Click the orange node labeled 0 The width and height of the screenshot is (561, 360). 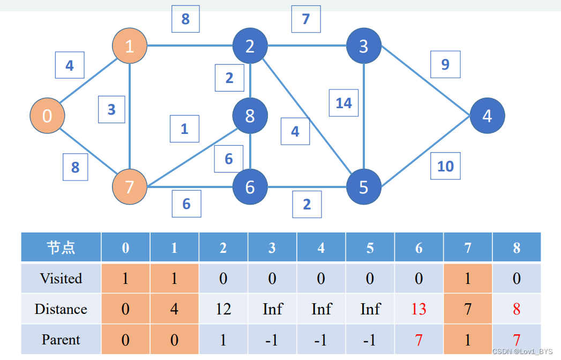click(x=47, y=116)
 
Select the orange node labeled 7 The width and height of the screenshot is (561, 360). click(x=130, y=187)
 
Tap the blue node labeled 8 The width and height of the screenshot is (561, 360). click(x=250, y=116)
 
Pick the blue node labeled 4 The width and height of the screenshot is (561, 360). click(x=487, y=116)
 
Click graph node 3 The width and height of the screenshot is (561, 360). click(x=363, y=46)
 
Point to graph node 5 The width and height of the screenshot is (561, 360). click(x=363, y=187)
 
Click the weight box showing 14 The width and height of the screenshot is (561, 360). click(x=343, y=103)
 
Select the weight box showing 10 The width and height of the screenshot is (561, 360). click(x=445, y=166)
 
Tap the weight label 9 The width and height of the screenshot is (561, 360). click(x=445, y=65)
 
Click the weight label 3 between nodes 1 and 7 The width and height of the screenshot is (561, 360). click(x=111, y=109)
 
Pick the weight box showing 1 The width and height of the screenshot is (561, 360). click(x=184, y=129)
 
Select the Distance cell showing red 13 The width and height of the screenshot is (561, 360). click(x=418, y=309)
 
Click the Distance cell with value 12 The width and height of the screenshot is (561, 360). click(x=223, y=309)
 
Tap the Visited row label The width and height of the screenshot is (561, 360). click(x=61, y=279)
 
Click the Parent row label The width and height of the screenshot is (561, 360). click(x=61, y=340)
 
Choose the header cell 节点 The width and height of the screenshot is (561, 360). click(x=61, y=247)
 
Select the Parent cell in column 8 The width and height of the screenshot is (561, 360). click(x=516, y=340)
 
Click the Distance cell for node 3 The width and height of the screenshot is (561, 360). click(x=272, y=309)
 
